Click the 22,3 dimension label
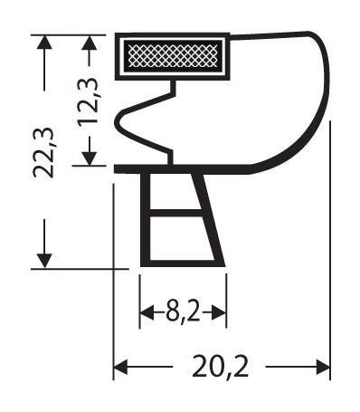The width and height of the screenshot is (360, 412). coord(43,153)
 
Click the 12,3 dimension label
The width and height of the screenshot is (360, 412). coord(88,100)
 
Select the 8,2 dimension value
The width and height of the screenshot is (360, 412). coord(183,312)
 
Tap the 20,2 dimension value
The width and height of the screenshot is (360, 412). coord(221,367)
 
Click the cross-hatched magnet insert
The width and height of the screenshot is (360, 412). coord(173,55)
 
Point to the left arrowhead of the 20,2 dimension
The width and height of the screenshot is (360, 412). coord(120,367)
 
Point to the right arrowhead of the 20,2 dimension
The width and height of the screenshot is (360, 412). coord(323,367)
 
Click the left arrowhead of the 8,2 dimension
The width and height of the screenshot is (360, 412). coord(147,312)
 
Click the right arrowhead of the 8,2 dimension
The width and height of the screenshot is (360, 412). coord(219,312)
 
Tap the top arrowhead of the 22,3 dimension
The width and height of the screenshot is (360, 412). coord(44,43)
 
